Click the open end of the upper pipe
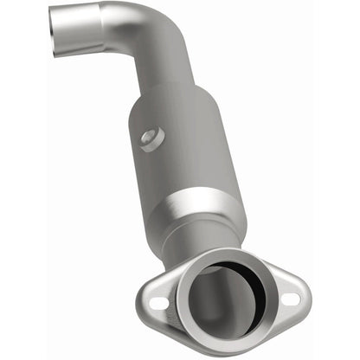[x=61, y=23]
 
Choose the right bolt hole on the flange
[x=289, y=299]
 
